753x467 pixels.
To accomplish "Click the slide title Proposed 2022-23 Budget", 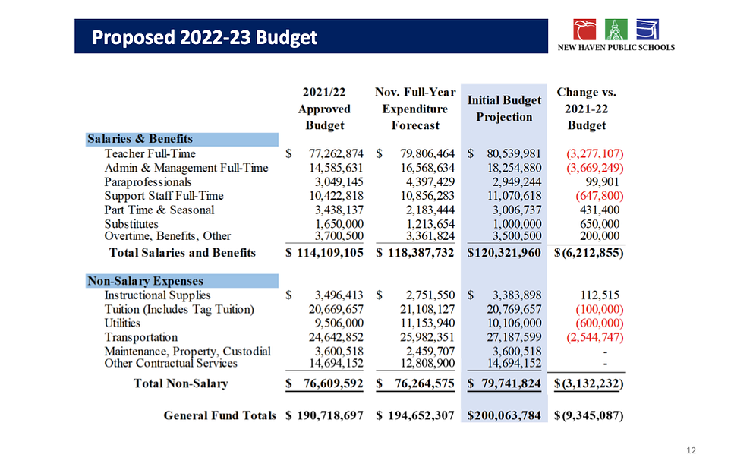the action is (x=205, y=37).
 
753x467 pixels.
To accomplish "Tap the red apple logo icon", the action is (x=584, y=30).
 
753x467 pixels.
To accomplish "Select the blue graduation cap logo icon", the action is (x=647, y=30).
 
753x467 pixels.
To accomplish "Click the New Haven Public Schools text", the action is (x=616, y=48).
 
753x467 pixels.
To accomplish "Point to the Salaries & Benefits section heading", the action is (x=140, y=139).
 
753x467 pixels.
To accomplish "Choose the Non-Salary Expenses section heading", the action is (x=145, y=281).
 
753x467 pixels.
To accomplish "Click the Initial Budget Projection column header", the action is (x=504, y=109).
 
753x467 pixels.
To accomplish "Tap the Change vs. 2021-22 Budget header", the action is (x=586, y=109).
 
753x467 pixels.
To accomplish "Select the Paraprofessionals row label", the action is (x=148, y=182).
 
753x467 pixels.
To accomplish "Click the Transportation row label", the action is (x=141, y=337).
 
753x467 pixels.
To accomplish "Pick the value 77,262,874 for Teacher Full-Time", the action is (x=336, y=153).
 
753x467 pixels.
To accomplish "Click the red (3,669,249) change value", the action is (x=595, y=168).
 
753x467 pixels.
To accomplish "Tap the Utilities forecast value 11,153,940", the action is (x=427, y=323).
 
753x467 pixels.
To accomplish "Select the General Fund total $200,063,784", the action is (x=504, y=415).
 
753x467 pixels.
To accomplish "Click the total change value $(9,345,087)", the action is (x=589, y=415).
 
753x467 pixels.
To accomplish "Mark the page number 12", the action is (x=691, y=450).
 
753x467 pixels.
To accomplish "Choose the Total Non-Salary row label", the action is (x=181, y=383).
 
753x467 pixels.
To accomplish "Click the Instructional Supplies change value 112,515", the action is (x=600, y=295).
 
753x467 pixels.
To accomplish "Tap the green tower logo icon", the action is (x=616, y=30).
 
